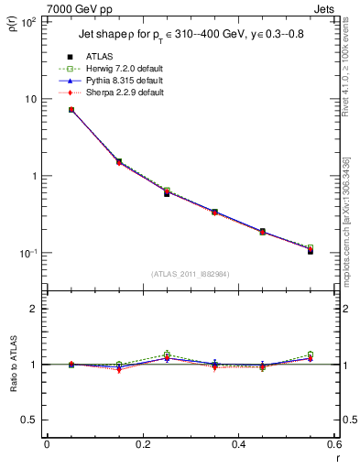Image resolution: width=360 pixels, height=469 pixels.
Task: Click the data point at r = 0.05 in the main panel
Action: point(71,110)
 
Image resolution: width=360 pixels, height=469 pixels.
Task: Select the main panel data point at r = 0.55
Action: point(311,250)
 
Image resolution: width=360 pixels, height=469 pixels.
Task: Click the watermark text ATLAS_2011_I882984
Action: point(190,275)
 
